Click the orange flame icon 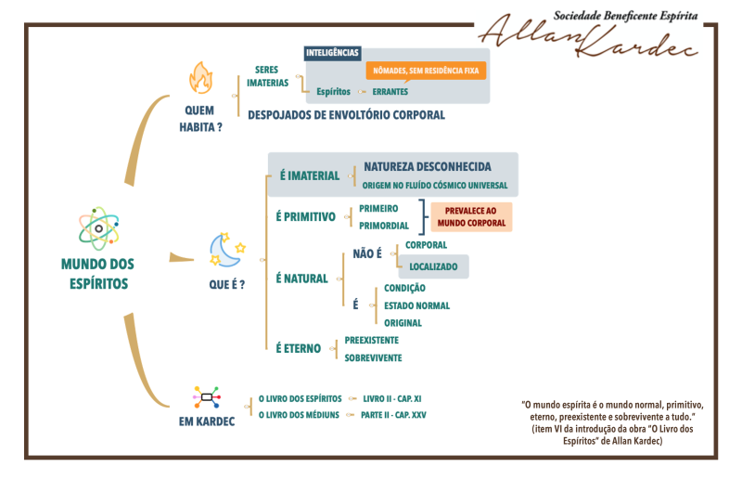201,78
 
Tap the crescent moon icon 227,250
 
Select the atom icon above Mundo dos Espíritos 99,228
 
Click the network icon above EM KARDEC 207,397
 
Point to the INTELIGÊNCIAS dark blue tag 332,53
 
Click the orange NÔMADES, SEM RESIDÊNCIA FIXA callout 426,71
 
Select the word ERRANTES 390,92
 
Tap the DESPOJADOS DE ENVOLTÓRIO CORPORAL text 346,115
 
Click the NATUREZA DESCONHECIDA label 428,167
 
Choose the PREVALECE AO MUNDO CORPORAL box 471,217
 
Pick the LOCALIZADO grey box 433,266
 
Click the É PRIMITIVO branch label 306,217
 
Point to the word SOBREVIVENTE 373,358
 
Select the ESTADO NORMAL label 416,306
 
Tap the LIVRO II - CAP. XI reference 391,399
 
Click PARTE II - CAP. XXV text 393,415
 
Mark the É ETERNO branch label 298,349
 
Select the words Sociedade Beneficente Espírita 625,16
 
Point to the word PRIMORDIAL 384,226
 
